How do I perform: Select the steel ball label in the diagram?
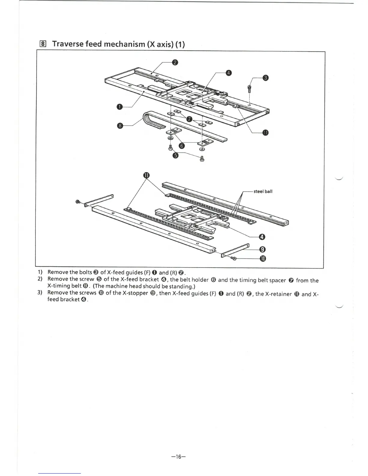click(x=263, y=191)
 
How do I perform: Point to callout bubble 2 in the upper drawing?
click(x=175, y=63)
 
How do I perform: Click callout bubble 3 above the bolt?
click(x=265, y=78)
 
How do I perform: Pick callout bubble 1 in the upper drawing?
click(x=120, y=107)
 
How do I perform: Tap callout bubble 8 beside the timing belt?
click(x=120, y=125)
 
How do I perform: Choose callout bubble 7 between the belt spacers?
click(x=189, y=119)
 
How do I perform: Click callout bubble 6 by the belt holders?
click(x=181, y=146)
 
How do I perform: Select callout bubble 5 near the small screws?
click(x=176, y=155)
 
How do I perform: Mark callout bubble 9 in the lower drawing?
click(x=262, y=249)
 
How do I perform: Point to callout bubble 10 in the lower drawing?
click(x=262, y=259)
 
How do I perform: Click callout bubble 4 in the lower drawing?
click(x=262, y=237)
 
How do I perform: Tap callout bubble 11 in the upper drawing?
click(x=265, y=133)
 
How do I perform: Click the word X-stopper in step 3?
click(x=135, y=293)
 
